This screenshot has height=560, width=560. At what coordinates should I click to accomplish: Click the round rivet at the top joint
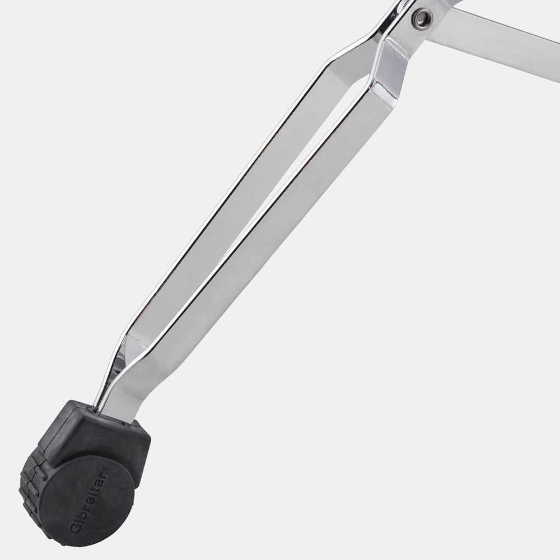coord(422,17)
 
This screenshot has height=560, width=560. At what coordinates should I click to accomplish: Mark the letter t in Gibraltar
coord(97,485)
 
